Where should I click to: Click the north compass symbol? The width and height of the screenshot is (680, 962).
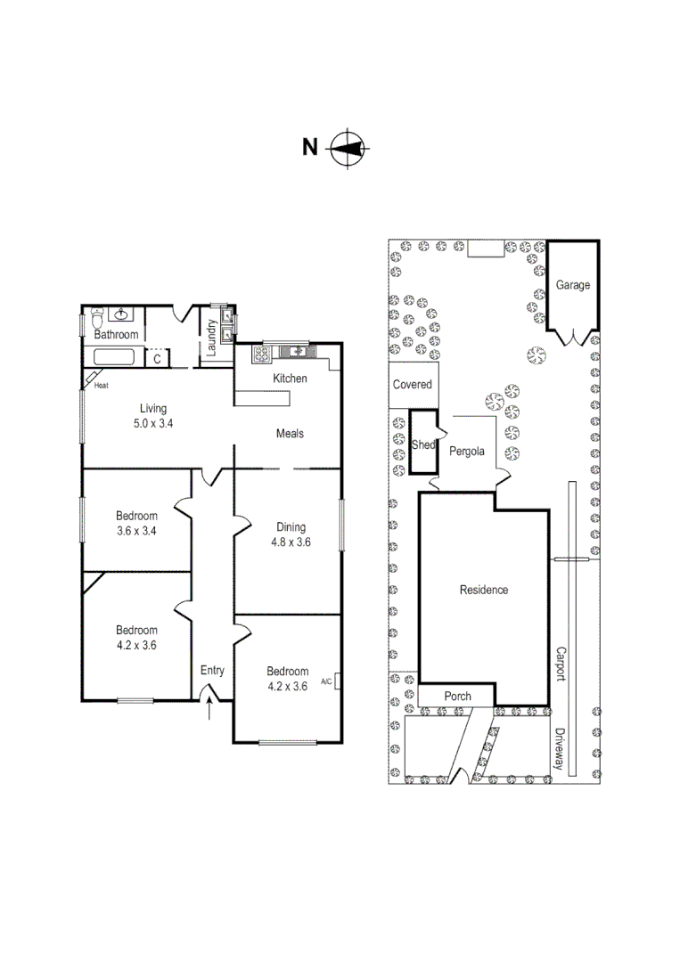348,148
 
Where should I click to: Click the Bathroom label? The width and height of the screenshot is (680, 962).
117,335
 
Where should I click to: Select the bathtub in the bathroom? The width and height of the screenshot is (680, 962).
112,358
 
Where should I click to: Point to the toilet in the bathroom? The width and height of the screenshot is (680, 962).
97,315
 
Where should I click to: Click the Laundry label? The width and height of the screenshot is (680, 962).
212,338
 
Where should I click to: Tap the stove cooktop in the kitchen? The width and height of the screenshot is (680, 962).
261,354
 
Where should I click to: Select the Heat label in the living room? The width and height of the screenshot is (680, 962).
101,386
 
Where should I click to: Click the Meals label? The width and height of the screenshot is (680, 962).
290,434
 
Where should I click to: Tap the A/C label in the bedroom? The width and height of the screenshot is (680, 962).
326,682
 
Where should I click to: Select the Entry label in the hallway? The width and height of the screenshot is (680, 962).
212,671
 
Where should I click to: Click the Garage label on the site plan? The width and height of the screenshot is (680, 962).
573,286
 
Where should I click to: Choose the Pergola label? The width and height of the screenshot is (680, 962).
466,452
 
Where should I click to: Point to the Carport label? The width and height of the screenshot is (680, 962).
561,664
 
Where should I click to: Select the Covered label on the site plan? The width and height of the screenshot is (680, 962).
413,385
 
